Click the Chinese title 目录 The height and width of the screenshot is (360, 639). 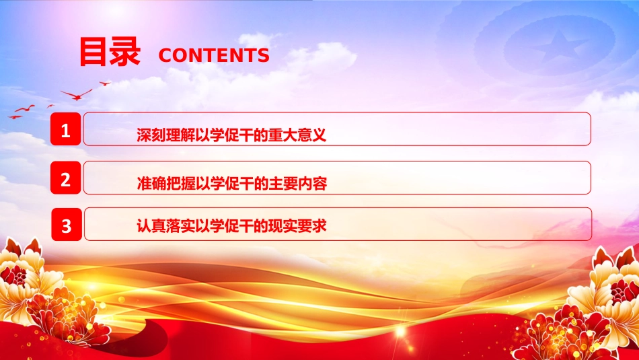pos(110,51)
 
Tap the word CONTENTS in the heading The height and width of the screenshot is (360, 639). pos(214,55)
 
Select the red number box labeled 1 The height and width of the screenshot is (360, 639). pos(66,129)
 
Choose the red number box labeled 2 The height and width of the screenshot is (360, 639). pos(66,178)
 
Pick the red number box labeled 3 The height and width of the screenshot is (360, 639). pos(67,224)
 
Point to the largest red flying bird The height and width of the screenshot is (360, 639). pos(77,95)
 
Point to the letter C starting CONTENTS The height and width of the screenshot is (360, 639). pos(165,55)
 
